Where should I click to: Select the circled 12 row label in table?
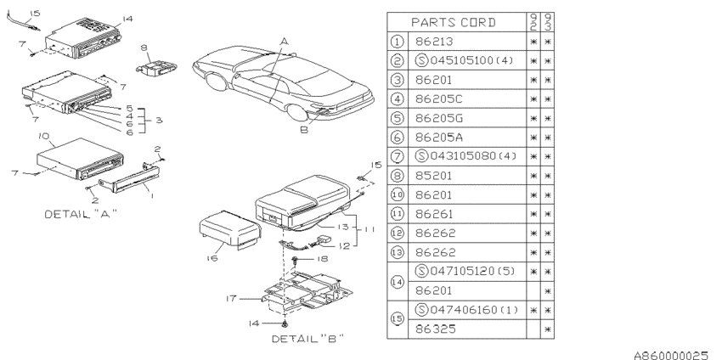[398, 232]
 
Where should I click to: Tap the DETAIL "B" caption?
[307, 337]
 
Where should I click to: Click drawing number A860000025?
[670, 351]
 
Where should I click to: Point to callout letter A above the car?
[284, 40]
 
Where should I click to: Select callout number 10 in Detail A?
[43, 136]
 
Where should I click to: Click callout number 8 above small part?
[144, 48]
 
